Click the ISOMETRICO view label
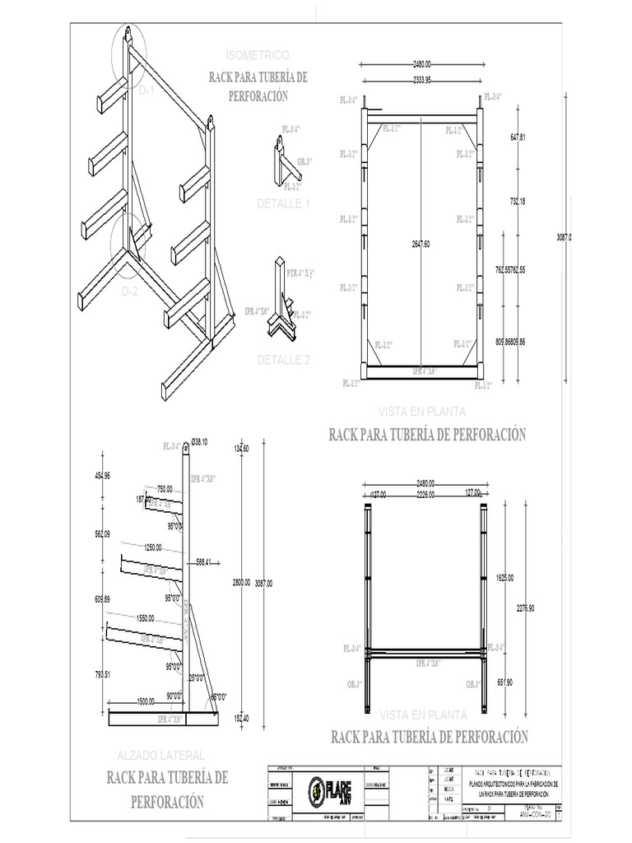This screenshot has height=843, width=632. [x=257, y=55]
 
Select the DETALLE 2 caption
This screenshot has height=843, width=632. [x=284, y=360]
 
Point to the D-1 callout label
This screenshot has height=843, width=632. [x=146, y=91]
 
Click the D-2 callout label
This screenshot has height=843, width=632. [x=130, y=291]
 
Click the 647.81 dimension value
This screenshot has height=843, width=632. [x=517, y=137]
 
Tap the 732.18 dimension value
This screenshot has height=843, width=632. [x=517, y=202]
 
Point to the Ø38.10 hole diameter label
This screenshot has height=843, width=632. [x=199, y=443]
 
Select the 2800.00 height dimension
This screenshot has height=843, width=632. [x=241, y=582]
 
